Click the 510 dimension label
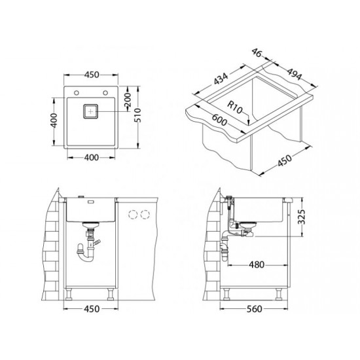pyautogui.click(x=137, y=115)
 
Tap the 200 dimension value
pyautogui.click(x=127, y=100)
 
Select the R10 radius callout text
pyautogui.click(x=234, y=107)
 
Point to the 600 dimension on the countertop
pyautogui.click(x=219, y=120)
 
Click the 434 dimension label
pyautogui.click(x=221, y=79)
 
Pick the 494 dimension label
pyautogui.click(x=294, y=74)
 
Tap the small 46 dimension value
pyautogui.click(x=257, y=52)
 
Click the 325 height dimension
pyautogui.click(x=302, y=217)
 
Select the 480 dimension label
pyautogui.click(x=257, y=264)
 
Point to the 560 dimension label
pyautogui.click(x=255, y=309)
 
